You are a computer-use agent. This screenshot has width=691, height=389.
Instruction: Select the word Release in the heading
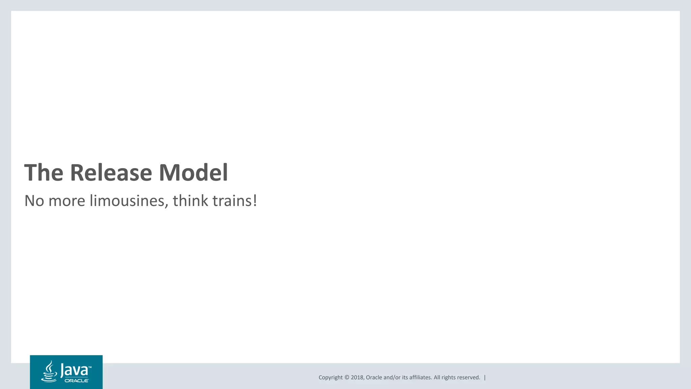point(111,173)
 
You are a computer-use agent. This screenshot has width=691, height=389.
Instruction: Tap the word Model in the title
point(193,173)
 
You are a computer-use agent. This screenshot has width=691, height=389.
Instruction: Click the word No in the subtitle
point(34,201)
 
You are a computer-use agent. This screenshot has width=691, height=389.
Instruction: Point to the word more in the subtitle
point(67,201)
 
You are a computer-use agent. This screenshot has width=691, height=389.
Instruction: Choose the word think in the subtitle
point(190,201)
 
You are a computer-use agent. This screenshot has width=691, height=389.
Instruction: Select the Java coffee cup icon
point(49,371)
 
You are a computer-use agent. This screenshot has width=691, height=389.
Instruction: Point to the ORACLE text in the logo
point(77,381)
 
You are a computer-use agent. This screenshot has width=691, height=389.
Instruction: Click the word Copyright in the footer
point(330,378)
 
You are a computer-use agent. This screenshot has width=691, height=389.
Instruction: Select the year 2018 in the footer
point(357,378)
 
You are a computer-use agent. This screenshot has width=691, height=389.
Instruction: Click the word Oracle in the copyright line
point(374,378)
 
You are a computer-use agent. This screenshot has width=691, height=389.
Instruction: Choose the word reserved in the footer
point(468,378)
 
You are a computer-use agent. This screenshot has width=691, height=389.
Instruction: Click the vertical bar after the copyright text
point(485,378)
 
